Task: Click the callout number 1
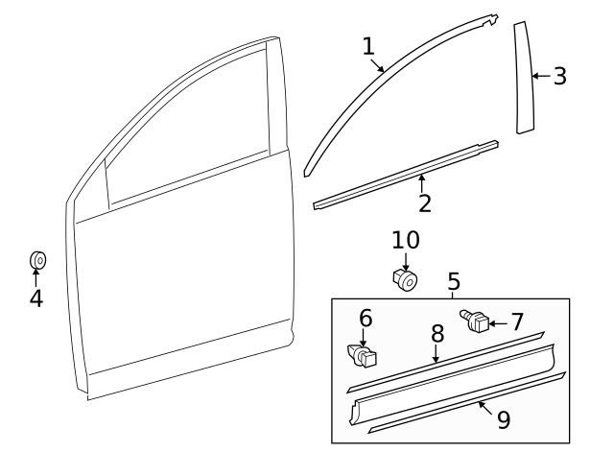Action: coord(368,45)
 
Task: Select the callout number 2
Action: coord(424,202)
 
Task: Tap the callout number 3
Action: coord(559,76)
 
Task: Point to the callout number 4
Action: coord(35,298)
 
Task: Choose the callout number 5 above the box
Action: coord(454,281)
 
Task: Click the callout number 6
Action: coord(366,318)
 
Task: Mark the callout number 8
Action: coord(437,334)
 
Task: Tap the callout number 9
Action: coord(504,419)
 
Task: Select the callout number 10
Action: coord(406,239)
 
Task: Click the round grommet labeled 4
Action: coord(37,259)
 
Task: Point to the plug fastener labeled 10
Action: coord(406,280)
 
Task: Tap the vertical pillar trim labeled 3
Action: coord(525,77)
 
